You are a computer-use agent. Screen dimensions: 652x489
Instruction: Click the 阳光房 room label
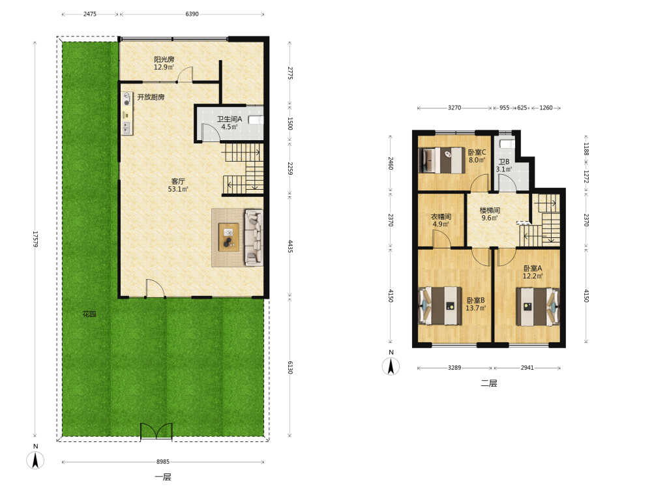[x=164, y=59]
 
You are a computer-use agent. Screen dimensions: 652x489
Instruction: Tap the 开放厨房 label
[x=151, y=97]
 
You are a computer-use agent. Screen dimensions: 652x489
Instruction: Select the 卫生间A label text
[x=229, y=119]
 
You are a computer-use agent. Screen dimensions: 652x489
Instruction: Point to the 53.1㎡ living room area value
[x=178, y=189]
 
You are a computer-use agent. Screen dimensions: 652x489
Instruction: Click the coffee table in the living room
[x=229, y=237]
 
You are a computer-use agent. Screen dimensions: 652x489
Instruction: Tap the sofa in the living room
[x=253, y=237]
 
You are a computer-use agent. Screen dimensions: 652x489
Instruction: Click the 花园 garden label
[x=89, y=314]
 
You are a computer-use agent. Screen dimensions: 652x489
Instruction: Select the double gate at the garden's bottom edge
[x=156, y=431]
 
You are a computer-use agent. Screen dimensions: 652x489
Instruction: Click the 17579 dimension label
[x=35, y=239]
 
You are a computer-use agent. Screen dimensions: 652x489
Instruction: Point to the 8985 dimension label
[x=163, y=462]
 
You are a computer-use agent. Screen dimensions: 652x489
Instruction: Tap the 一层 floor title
[x=163, y=477]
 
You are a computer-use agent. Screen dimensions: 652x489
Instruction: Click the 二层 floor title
[x=489, y=383]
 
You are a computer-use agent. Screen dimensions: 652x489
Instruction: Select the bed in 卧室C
[x=442, y=160]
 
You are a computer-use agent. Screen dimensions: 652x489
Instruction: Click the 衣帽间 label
[x=441, y=216]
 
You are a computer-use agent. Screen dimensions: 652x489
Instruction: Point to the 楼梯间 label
[x=490, y=211]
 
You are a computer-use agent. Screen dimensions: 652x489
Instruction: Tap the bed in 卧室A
[x=538, y=306]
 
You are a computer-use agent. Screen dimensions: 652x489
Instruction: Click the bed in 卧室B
[x=440, y=306]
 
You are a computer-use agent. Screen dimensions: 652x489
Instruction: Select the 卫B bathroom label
[x=504, y=162]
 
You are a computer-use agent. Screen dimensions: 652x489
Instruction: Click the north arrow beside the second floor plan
[x=391, y=366]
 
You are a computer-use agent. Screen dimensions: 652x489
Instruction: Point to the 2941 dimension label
[x=527, y=368]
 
